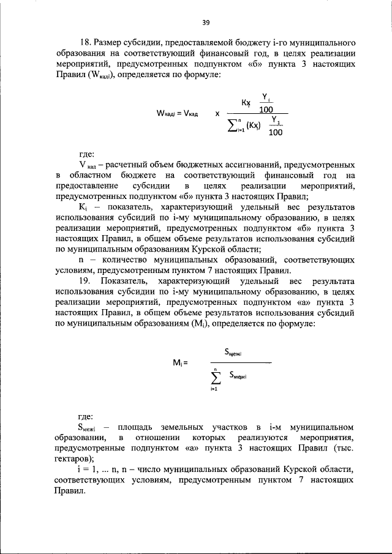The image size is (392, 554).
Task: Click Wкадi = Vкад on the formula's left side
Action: coord(176,114)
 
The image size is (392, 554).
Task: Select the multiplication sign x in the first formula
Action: coord(217,114)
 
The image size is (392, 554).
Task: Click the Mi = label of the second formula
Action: coord(179,362)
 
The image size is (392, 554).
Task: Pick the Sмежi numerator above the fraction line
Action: coord(233,352)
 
